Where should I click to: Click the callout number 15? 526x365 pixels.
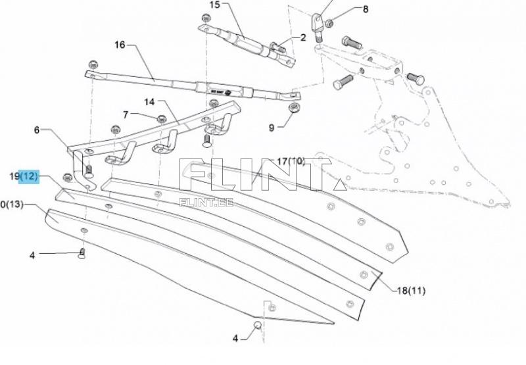[x=215, y=5]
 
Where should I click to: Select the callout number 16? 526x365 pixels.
[x=120, y=45]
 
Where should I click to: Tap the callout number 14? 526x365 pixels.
[x=149, y=102]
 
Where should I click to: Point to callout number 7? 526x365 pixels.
[x=125, y=114]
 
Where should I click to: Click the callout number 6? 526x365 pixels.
[x=37, y=130]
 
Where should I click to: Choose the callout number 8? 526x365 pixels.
[x=366, y=9]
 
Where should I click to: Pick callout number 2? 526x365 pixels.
[x=303, y=37]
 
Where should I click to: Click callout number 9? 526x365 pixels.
[x=271, y=128]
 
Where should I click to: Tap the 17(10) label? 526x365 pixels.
[x=290, y=161]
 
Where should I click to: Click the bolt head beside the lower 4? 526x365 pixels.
[x=258, y=326]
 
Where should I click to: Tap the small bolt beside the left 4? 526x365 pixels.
[x=82, y=253]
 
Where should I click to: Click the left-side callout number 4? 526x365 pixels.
[x=32, y=255]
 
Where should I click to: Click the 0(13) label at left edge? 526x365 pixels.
[x=12, y=205]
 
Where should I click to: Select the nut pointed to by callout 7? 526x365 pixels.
[x=160, y=119]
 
